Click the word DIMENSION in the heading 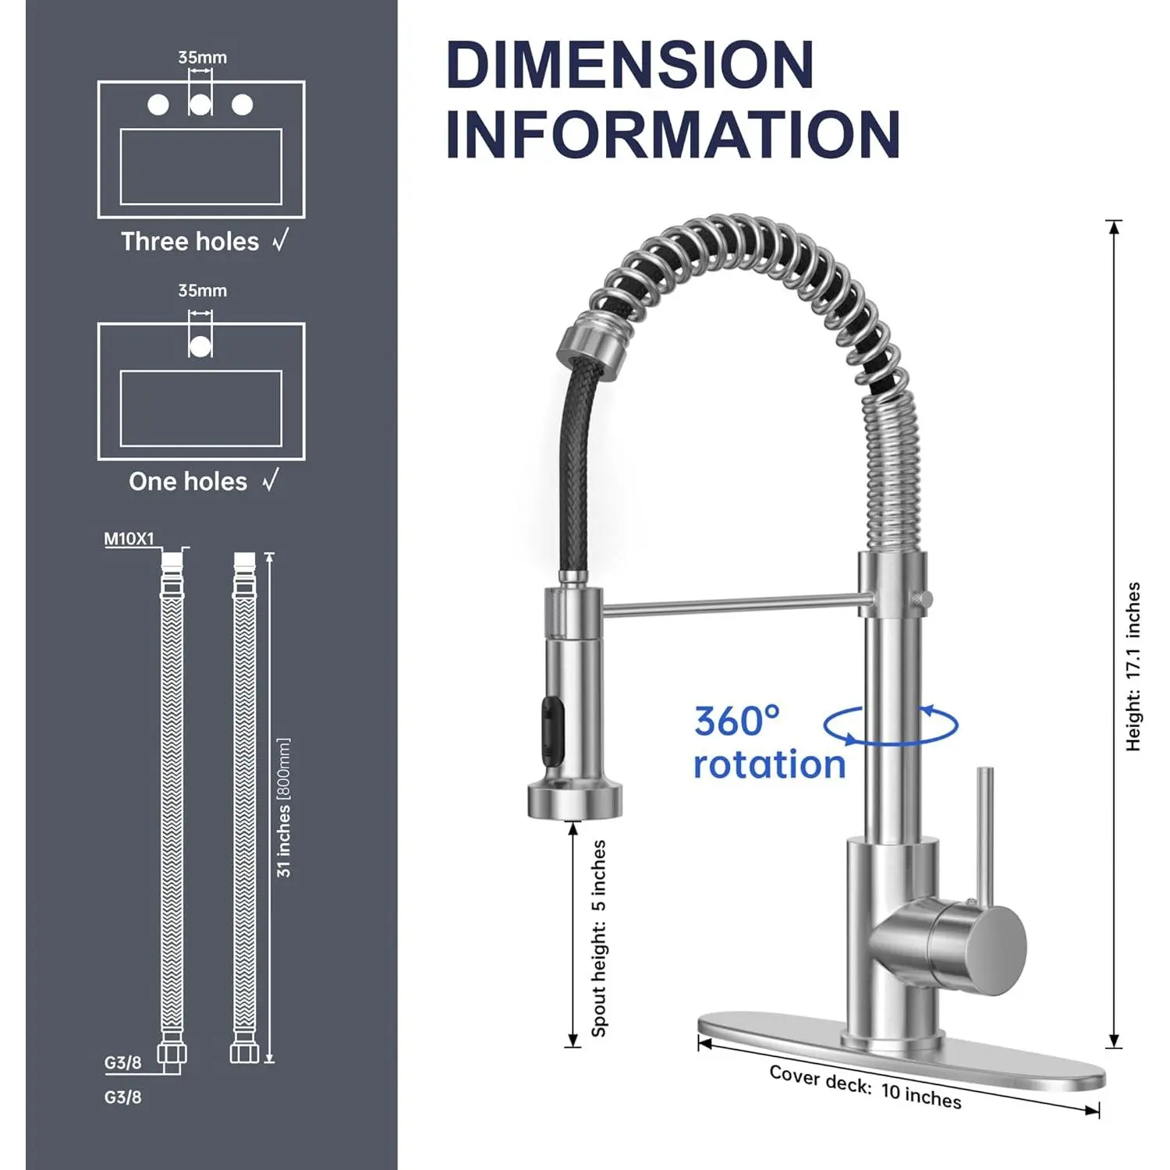point(630,65)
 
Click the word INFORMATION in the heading point(673,134)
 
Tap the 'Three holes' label point(190,242)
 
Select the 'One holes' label point(188,482)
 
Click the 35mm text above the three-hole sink point(202,58)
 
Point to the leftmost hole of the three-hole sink point(158,105)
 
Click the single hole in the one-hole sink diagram point(200,346)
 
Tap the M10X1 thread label point(129,539)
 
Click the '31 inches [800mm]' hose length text point(284,807)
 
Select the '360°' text point(736,721)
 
